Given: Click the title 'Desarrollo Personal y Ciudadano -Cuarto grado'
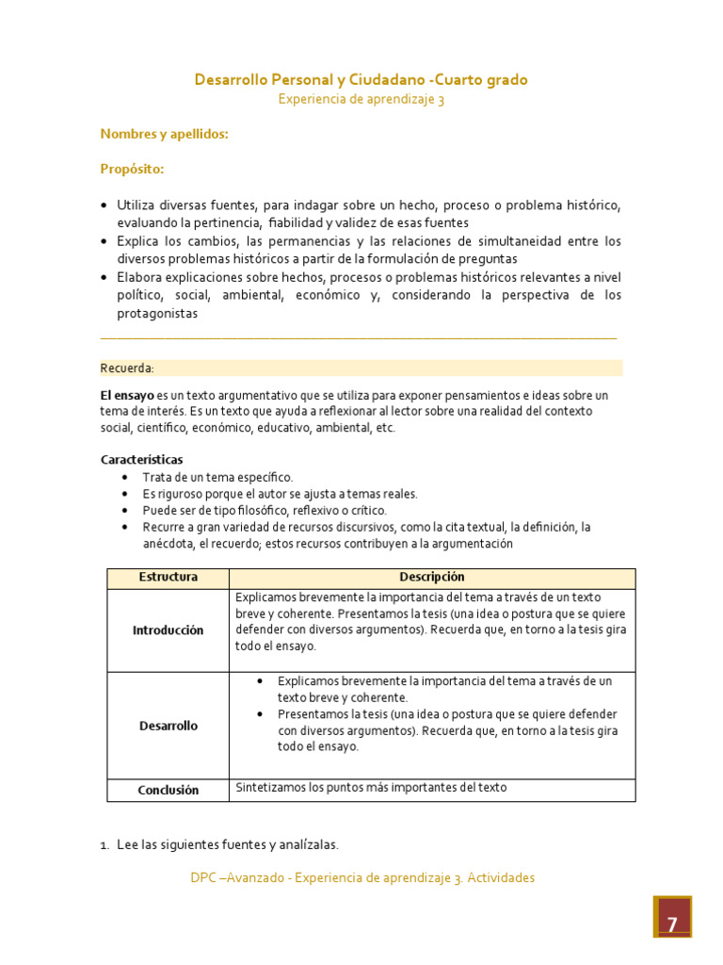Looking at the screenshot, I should (361, 80).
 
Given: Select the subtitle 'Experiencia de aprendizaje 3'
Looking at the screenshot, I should (361, 100).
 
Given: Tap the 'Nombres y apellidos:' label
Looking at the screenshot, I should (165, 135).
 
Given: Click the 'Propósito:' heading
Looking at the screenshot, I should (132, 170).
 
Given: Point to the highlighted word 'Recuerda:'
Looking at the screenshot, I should (127, 368).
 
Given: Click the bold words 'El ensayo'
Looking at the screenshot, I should (127, 395).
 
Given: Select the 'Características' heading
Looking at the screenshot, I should (141, 460).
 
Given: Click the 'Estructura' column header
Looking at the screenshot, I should (168, 578).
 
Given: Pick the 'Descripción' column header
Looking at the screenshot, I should (431, 578).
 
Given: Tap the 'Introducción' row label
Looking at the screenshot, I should (168, 630).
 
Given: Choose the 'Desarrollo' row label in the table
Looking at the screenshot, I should (168, 726).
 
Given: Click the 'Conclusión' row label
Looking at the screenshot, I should (168, 791).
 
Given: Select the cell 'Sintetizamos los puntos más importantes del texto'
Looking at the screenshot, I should (371, 788).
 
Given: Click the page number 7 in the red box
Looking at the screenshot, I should (672, 924).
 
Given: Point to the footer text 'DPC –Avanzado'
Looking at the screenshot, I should (233, 878).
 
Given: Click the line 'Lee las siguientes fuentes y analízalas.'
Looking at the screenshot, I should (227, 844).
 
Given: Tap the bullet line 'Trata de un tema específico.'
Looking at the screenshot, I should (217, 478).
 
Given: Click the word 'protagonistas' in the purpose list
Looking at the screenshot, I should (157, 315).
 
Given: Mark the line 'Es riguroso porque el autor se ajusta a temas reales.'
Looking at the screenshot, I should (280, 494).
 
